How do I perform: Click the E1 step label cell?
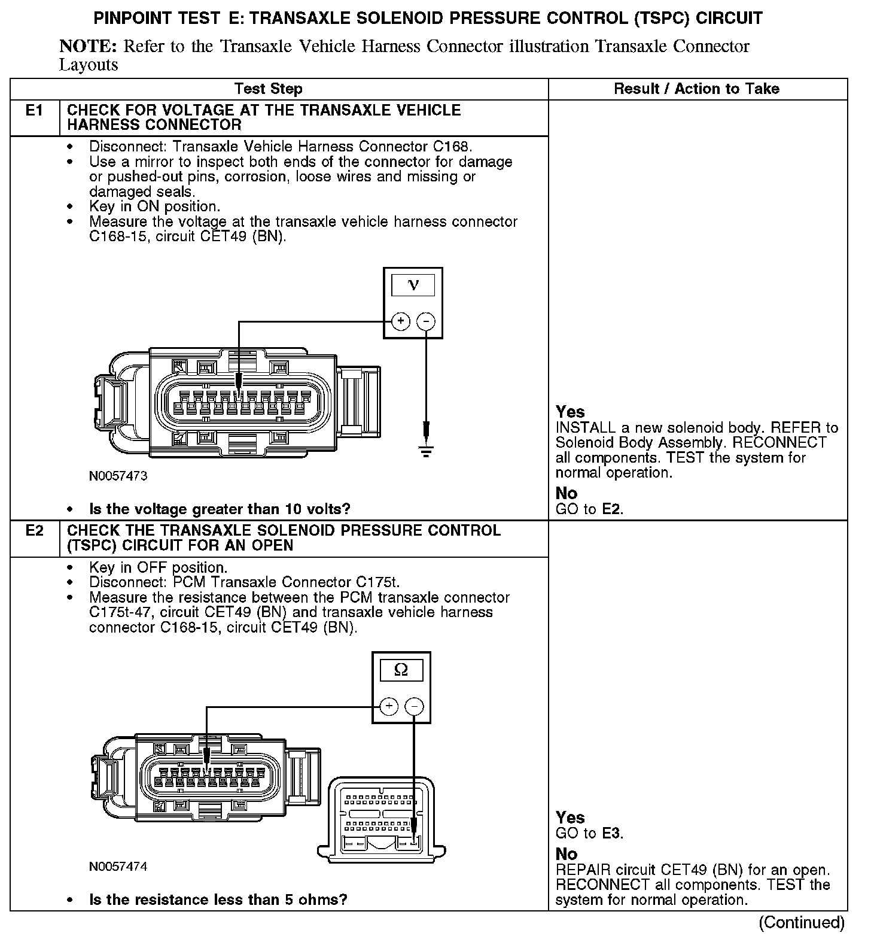click(35, 111)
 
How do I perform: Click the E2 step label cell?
click(35, 531)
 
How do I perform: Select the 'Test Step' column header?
click(268, 89)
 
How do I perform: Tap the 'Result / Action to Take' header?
click(696, 89)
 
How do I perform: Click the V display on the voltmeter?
click(413, 285)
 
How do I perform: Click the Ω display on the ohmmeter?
click(401, 670)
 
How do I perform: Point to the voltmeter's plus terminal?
click(400, 321)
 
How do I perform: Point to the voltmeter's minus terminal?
click(425, 321)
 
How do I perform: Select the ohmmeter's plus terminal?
click(389, 707)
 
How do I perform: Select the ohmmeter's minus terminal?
click(414, 707)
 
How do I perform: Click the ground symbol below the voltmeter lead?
click(425, 451)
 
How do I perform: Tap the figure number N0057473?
click(118, 476)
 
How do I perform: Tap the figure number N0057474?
click(118, 867)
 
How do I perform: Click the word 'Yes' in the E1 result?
click(570, 412)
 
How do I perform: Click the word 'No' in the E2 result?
click(566, 854)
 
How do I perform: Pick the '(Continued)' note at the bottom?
click(802, 922)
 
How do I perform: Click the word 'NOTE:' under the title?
click(87, 47)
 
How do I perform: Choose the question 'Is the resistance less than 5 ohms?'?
click(218, 900)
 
